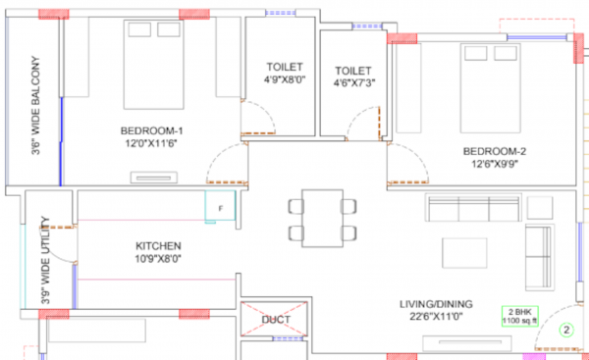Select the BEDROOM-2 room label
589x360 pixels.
click(x=495, y=151)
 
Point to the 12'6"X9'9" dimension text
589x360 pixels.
click(x=495, y=165)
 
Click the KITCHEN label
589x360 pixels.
click(x=158, y=245)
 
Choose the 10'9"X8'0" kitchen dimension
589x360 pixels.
click(x=158, y=259)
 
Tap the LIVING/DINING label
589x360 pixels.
click(x=438, y=303)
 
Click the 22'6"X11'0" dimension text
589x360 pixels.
click(x=438, y=317)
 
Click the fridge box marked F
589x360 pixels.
click(x=221, y=208)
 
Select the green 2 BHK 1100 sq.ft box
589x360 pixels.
click(x=519, y=316)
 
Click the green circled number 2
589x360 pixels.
click(x=565, y=331)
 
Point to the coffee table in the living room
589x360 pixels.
click(x=462, y=252)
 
